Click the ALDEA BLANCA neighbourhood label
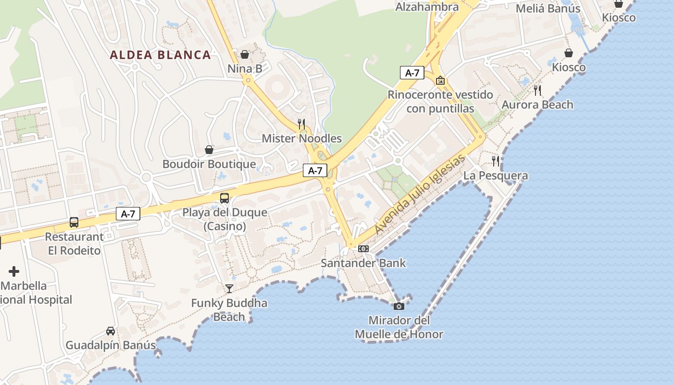tap(160, 55)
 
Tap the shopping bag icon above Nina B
tap(245, 54)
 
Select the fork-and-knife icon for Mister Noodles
tap(301, 124)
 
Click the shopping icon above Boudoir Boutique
tap(209, 150)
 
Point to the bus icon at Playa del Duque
tap(224, 198)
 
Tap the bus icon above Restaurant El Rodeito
tap(74, 222)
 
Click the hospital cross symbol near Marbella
tap(14, 271)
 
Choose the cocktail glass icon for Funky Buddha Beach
tap(229, 288)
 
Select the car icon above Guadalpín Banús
tap(111, 331)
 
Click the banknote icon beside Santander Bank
tap(363, 249)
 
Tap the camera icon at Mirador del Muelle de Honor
tap(399, 306)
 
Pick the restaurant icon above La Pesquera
tap(496, 161)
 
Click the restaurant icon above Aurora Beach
tap(537, 90)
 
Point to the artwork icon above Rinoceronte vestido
tap(440, 80)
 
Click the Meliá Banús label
tap(548, 9)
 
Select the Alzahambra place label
tap(427, 7)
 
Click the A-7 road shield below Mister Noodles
tap(315, 170)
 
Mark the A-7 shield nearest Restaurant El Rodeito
tap(128, 214)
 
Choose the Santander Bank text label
tap(363, 263)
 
